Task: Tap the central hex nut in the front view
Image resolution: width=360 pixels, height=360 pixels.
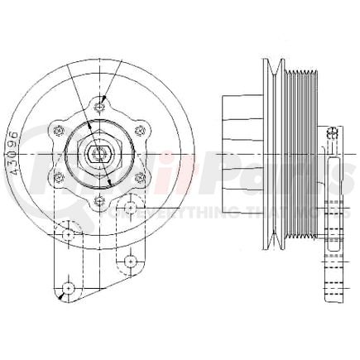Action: (x=99, y=154)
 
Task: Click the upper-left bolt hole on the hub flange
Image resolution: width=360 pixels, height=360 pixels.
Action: (x=58, y=130)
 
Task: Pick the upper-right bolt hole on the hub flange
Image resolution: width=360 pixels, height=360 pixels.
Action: (x=141, y=130)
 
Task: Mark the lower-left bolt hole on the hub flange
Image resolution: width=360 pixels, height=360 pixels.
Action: (x=58, y=177)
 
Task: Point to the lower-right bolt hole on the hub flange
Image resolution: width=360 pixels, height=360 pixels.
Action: (x=141, y=177)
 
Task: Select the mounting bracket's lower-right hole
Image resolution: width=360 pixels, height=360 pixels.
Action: (x=130, y=262)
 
